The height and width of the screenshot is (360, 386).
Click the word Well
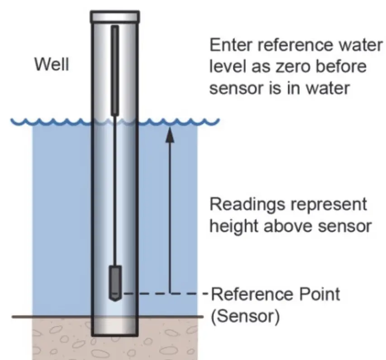[x=52, y=65]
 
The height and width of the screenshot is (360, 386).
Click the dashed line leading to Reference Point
[x=163, y=294]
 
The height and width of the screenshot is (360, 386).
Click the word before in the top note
[x=341, y=67]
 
